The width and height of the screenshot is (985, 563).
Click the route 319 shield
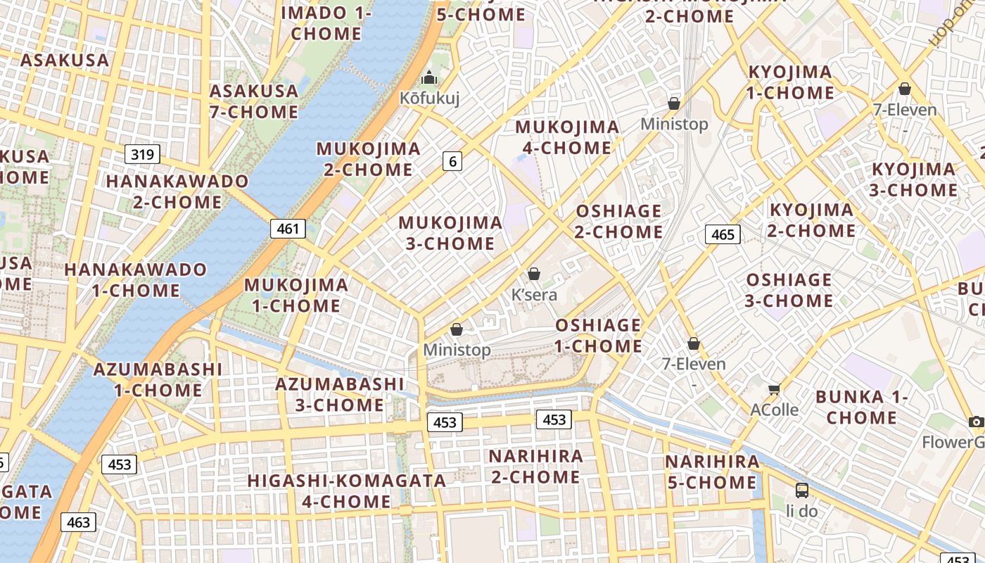click(143, 154)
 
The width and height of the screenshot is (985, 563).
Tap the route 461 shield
click(288, 228)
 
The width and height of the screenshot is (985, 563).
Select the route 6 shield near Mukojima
click(452, 161)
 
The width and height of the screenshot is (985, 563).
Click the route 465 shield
click(723, 234)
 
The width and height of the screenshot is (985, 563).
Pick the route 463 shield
click(78, 522)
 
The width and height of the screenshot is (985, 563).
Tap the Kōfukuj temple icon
click(429, 78)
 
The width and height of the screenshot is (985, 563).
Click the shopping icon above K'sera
click(534, 274)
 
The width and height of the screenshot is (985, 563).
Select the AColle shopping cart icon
click(775, 388)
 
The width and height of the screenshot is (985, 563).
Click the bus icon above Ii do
click(801, 490)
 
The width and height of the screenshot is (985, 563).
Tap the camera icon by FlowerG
click(976, 422)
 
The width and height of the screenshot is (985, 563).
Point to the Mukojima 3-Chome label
click(450, 234)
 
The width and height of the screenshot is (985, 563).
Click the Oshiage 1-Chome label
click(598, 336)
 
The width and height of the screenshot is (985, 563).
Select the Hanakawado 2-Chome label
click(177, 191)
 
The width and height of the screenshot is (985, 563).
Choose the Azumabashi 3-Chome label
click(339, 394)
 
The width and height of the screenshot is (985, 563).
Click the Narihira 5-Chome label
click(712, 472)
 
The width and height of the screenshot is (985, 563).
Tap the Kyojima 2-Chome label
click(811, 220)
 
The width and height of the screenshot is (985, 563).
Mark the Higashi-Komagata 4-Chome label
click(346, 491)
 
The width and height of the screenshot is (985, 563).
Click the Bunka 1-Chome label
click(862, 407)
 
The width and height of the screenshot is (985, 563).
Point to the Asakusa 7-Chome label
click(254, 101)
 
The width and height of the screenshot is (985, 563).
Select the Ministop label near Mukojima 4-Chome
click(674, 124)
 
